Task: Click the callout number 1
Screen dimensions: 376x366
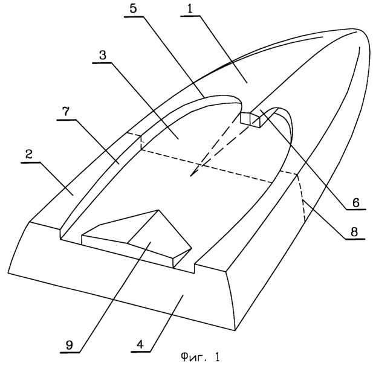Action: click(190, 9)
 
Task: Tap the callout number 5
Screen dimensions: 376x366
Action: click(133, 8)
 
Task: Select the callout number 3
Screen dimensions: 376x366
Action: click(102, 55)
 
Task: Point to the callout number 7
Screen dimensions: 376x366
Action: click(66, 111)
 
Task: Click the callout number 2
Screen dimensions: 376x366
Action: click(29, 155)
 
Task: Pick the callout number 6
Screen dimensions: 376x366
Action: click(356, 202)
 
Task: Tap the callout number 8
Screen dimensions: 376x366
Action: click(354, 232)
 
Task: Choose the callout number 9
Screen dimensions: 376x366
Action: click(70, 345)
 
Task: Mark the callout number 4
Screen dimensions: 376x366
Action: click(140, 345)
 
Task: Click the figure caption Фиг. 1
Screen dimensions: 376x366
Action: click(200, 358)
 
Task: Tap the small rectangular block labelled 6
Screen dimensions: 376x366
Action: click(252, 119)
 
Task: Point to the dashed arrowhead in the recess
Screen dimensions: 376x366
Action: click(193, 173)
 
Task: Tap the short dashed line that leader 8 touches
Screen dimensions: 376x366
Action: click(301, 198)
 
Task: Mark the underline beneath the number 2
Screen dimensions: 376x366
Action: click(31, 162)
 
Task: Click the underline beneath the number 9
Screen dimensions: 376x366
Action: click(70, 352)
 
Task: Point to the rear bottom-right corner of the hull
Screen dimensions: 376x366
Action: click(236, 330)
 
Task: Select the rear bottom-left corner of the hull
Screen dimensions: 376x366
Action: click(8, 272)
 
